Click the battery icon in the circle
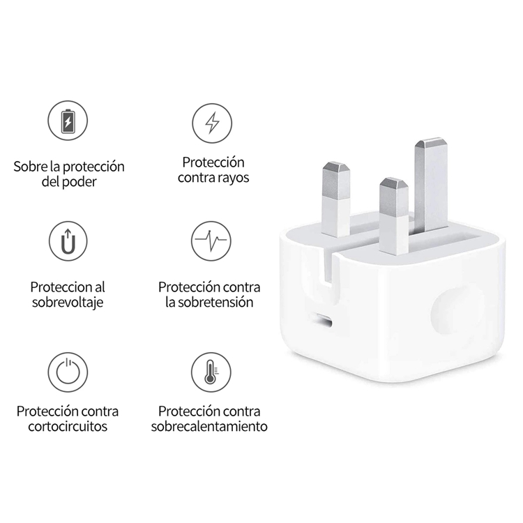click(68, 122)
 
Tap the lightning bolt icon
click(212, 122)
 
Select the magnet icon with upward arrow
click(68, 241)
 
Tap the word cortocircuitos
click(68, 426)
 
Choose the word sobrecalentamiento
click(209, 426)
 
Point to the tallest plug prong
click(430, 185)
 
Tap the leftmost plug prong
click(336, 199)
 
